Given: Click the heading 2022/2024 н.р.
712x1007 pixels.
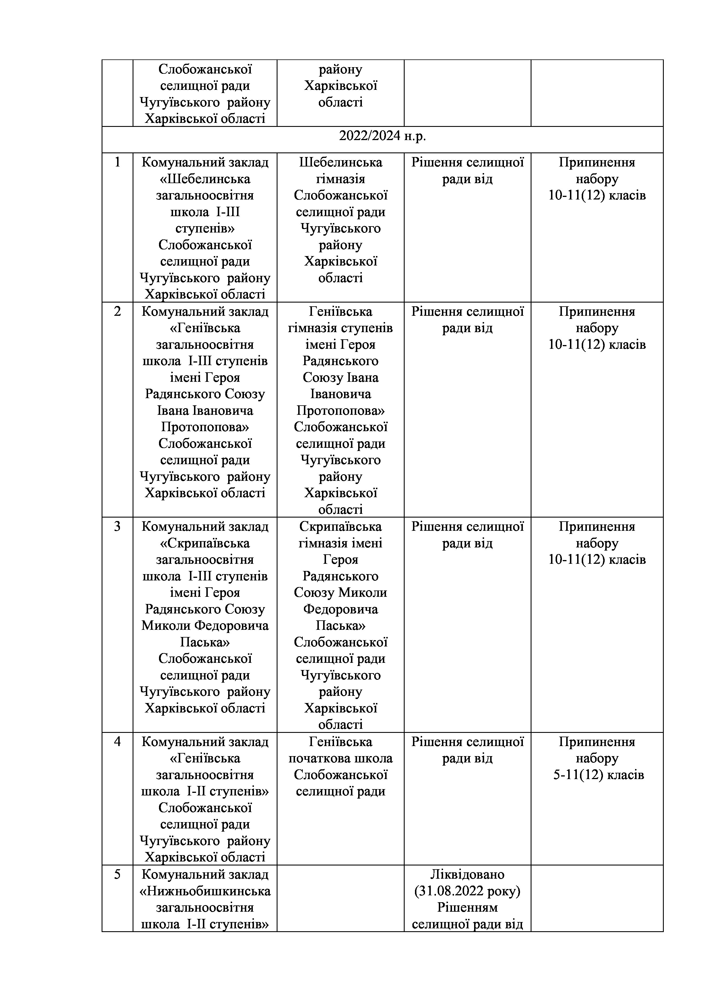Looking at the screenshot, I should pyautogui.click(x=382, y=136).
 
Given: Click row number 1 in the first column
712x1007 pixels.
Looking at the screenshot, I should pyautogui.click(x=117, y=162).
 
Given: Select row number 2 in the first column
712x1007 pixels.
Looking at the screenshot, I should pyautogui.click(x=117, y=311).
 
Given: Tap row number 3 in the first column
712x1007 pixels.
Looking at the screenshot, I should pyautogui.click(x=117, y=526).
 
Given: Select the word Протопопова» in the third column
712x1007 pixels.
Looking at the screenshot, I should pyautogui.click(x=340, y=410).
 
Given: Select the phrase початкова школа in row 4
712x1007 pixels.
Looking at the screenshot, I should pyautogui.click(x=340, y=758).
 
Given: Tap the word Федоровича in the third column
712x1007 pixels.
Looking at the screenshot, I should pyautogui.click(x=340, y=609).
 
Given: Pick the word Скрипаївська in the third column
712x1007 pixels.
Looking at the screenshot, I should pyautogui.click(x=340, y=526).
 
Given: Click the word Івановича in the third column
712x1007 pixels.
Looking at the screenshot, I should pyautogui.click(x=340, y=394).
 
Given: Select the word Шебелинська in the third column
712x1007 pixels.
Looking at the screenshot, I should pyautogui.click(x=340, y=162).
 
